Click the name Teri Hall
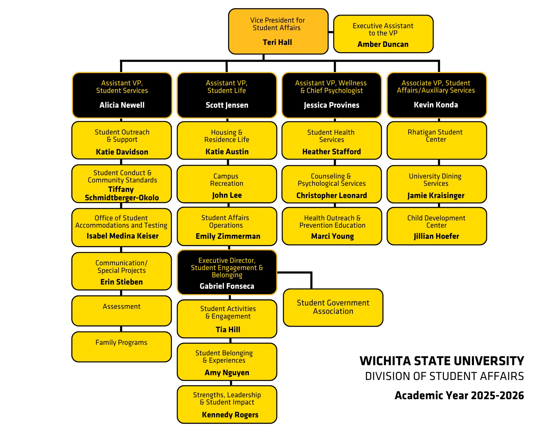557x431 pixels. (277, 42)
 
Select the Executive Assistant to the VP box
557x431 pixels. (383, 34)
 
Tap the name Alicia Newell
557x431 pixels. (122, 105)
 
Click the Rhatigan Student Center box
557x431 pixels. (437, 140)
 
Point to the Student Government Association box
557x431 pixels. (333, 307)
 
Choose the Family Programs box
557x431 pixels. (121, 347)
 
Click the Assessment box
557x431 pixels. (121, 311)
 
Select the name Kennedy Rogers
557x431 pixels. (230, 415)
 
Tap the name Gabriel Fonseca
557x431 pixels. (227, 286)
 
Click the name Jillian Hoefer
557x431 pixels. (436, 236)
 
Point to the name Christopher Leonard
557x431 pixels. (332, 196)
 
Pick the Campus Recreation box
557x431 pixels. (227, 184)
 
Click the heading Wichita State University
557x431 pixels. (442, 361)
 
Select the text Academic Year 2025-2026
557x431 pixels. (459, 396)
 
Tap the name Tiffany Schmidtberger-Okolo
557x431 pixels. (122, 194)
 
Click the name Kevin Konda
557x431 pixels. (436, 105)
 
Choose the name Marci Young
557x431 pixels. (333, 236)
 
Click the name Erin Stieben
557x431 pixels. (121, 282)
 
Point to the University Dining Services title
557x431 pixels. (436, 180)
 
